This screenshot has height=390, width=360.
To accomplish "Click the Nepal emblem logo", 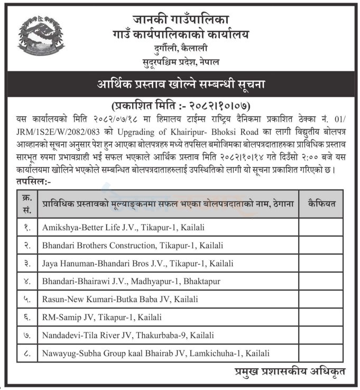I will pos(40,36).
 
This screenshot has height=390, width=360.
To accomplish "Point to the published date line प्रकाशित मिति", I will pos(180,104).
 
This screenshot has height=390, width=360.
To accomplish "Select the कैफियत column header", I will pos(321,203).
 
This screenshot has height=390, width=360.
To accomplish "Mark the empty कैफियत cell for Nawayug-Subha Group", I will pos(321,353).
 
